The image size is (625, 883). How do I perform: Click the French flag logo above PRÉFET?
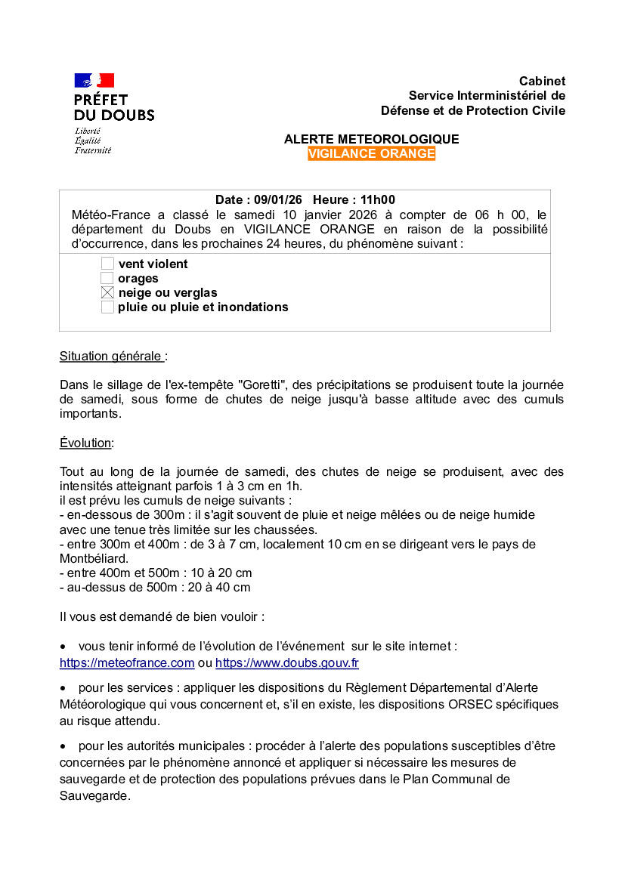pyautogui.click(x=94, y=80)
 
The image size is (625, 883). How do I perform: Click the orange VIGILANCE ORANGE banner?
pyautogui.click(x=371, y=154)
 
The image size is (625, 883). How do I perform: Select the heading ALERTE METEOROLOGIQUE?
pyautogui.click(x=371, y=140)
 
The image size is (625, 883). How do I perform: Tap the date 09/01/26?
pyautogui.click(x=277, y=200)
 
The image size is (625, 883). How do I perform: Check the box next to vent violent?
pyautogui.click(x=107, y=264)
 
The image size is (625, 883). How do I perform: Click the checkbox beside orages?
pyautogui.click(x=107, y=278)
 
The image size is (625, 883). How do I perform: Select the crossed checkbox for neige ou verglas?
pyautogui.click(x=107, y=292)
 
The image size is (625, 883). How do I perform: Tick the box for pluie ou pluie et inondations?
pyautogui.click(x=107, y=307)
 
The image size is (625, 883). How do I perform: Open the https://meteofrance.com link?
pyautogui.click(x=127, y=663)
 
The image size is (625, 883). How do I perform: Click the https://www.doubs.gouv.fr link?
pyautogui.click(x=286, y=663)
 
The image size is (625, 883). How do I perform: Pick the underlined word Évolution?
pyautogui.click(x=85, y=443)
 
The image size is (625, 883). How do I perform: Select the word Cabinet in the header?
pyautogui.click(x=542, y=81)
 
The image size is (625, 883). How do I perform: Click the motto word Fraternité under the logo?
pyautogui.click(x=92, y=150)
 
